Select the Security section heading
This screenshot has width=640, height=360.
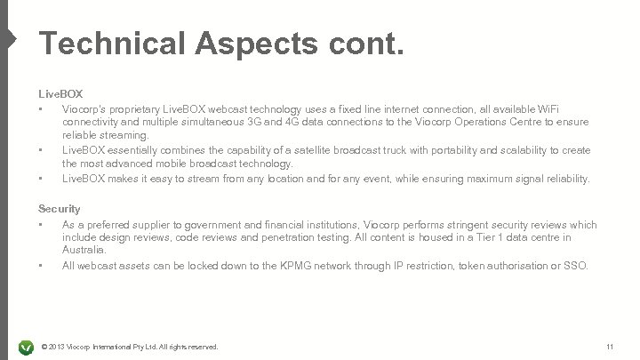(59, 209)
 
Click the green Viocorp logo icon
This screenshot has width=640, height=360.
(26, 345)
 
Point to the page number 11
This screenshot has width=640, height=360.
(609, 345)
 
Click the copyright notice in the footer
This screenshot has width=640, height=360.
(130, 345)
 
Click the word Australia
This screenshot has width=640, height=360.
(84, 251)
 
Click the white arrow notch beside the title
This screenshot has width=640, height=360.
(8, 39)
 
